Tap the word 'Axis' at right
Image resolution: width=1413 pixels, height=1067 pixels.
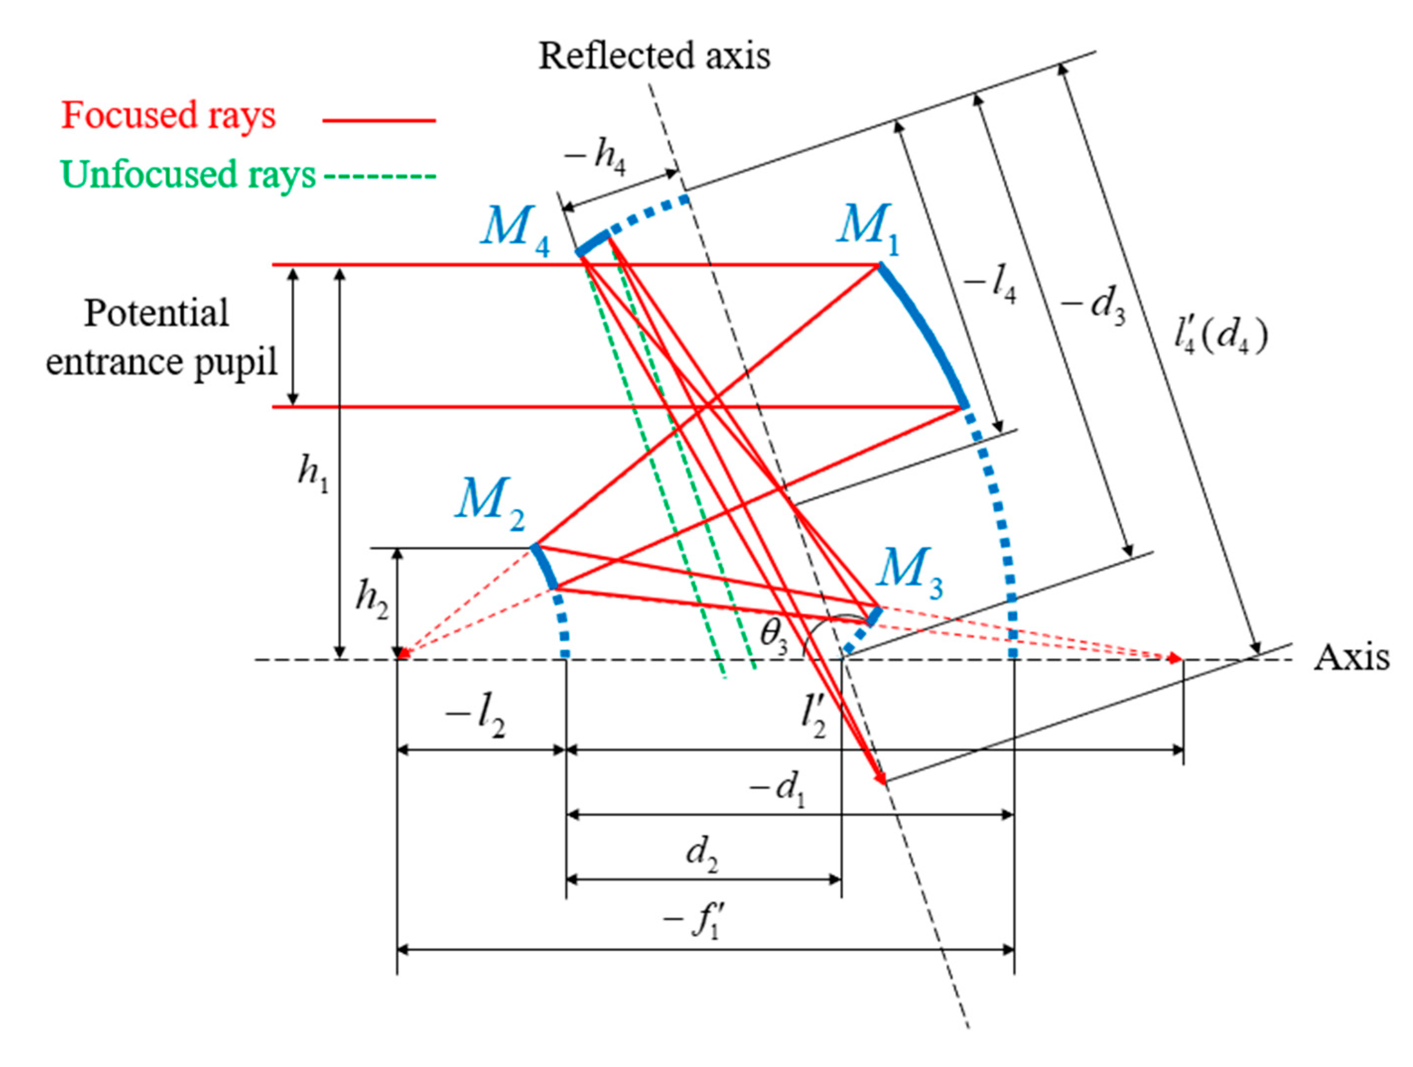click(1350, 657)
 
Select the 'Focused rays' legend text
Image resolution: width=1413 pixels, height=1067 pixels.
click(168, 116)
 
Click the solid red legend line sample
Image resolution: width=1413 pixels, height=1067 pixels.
click(379, 120)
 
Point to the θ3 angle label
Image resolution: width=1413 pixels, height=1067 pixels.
click(773, 637)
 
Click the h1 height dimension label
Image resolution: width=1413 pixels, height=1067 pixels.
click(313, 474)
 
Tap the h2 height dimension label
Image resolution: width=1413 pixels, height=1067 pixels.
click(371, 600)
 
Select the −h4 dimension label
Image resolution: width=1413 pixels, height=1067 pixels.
click(595, 157)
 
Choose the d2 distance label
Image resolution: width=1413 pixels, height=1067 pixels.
click(702, 853)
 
